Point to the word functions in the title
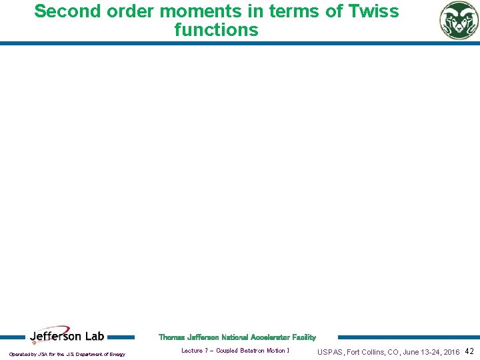[216, 30]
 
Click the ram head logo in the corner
[459, 20]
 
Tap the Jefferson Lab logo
[67, 337]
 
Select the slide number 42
[469, 351]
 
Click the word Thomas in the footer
[171, 337]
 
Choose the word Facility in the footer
[301, 337]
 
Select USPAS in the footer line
[330, 352]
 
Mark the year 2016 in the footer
[451, 352]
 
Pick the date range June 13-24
[415, 352]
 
